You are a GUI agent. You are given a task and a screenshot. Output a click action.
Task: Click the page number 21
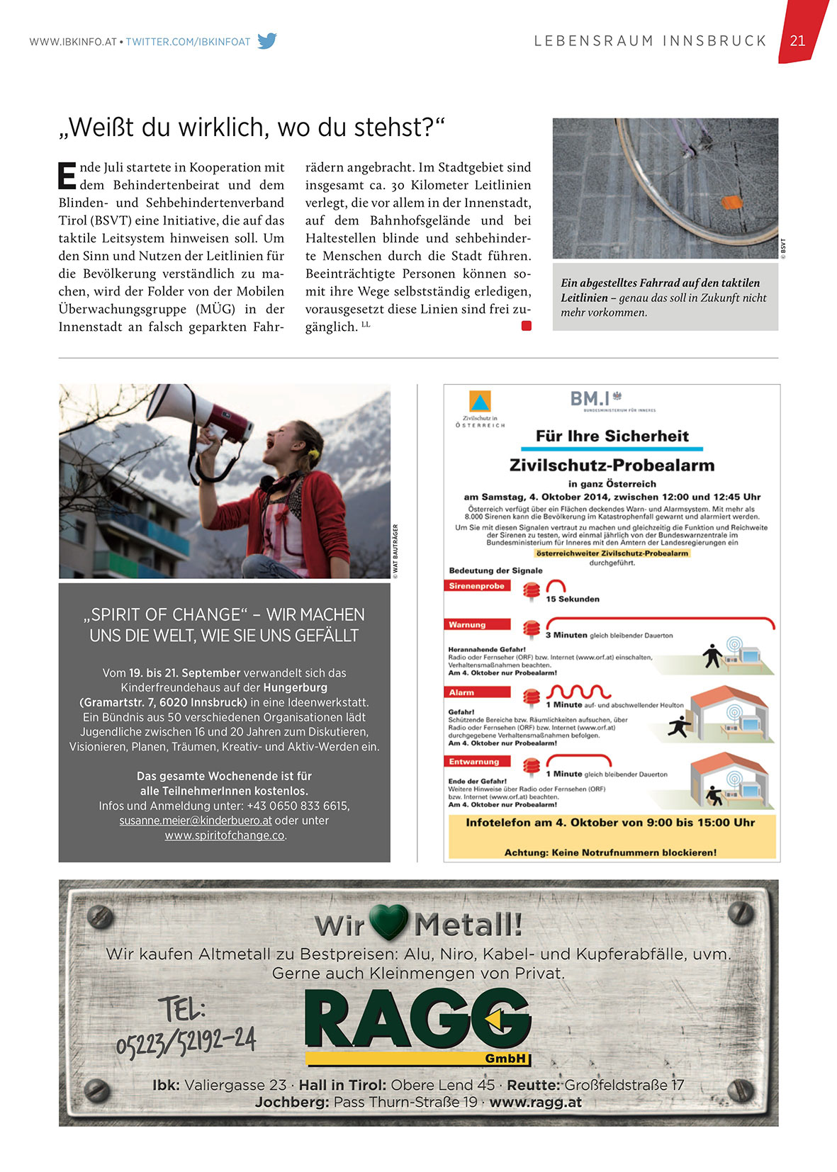tap(797, 40)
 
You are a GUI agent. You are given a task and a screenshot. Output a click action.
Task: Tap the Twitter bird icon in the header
tap(267, 41)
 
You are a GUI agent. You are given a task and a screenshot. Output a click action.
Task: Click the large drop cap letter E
tap(67, 176)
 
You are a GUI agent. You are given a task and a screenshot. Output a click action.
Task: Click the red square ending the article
tap(526, 326)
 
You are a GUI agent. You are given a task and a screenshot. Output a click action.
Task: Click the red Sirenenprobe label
tap(477, 586)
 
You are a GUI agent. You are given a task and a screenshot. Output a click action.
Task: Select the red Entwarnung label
tap(474, 762)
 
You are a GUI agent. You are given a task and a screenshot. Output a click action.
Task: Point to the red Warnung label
tap(468, 625)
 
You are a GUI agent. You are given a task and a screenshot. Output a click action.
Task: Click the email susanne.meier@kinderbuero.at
tap(196, 821)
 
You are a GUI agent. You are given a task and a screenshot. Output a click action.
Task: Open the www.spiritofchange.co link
tap(225, 835)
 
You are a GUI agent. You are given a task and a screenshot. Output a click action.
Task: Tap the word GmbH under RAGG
tap(505, 1059)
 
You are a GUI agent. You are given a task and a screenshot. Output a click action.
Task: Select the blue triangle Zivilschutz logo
tap(480, 402)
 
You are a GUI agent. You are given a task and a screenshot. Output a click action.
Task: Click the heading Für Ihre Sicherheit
tap(612, 436)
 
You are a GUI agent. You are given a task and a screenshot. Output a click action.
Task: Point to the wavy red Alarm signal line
tap(578, 692)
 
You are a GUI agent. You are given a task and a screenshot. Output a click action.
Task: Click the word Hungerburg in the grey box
tap(295, 687)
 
